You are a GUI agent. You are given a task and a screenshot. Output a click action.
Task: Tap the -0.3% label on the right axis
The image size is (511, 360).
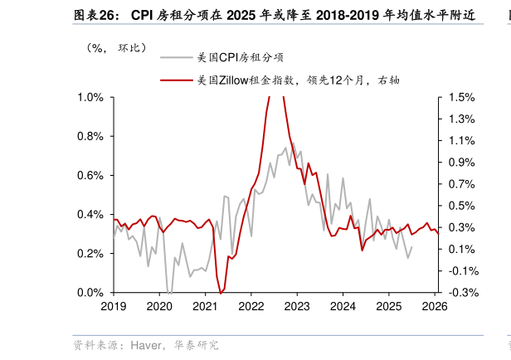pos(461,293)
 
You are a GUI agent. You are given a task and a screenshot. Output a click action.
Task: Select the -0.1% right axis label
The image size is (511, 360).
pos(461,271)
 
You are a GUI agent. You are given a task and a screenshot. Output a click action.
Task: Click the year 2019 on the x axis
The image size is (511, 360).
pos(114,306)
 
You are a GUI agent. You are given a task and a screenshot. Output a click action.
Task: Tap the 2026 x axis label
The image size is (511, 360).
pos(434,306)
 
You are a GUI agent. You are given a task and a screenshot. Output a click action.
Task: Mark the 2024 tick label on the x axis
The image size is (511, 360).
pos(343,306)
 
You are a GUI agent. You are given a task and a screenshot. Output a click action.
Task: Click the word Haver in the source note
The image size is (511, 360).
pos(146,344)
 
